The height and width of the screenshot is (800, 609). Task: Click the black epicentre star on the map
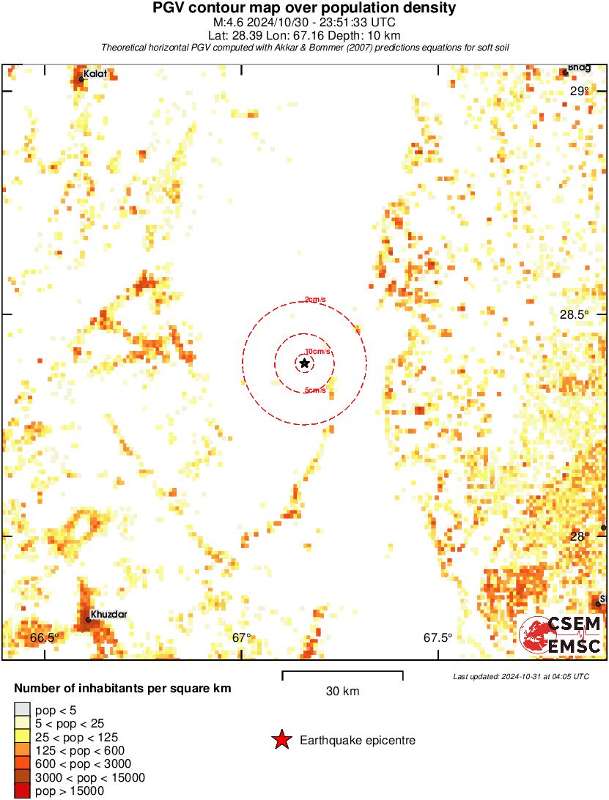coord(304,363)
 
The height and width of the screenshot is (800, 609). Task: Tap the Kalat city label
coord(95,73)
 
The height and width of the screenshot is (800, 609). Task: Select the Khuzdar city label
coord(108,614)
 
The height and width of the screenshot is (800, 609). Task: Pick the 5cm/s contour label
coord(315,390)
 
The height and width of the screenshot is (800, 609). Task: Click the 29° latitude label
coord(579,92)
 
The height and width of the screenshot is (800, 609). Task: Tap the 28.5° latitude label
coord(574,314)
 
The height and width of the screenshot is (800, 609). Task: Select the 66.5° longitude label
coord(44,637)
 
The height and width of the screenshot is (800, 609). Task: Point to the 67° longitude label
coord(242,637)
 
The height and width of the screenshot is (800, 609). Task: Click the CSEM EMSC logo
coord(561,634)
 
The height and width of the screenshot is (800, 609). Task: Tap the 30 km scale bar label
coord(342,691)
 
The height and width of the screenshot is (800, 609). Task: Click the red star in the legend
coord(281,741)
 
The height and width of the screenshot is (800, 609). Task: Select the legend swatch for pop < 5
coord(23,709)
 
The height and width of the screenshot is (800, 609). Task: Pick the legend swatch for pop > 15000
coord(23,790)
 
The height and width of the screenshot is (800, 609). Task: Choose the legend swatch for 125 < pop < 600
coord(23,750)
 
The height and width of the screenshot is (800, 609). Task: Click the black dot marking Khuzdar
coord(88,620)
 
